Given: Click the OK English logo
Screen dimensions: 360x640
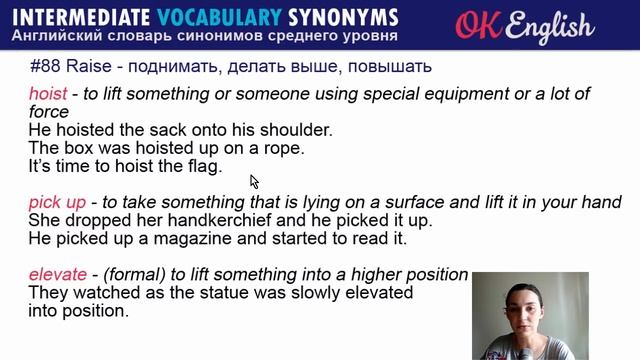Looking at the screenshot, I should [524, 25].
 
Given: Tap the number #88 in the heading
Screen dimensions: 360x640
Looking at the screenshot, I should [46, 68].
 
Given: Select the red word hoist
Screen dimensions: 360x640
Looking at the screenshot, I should [47, 93].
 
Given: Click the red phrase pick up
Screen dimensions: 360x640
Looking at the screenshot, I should [56, 202].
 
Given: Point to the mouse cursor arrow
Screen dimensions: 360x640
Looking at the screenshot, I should [254, 181].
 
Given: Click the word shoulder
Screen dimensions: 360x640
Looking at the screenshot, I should [300, 130].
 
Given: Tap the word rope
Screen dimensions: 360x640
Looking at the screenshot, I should [283, 148].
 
